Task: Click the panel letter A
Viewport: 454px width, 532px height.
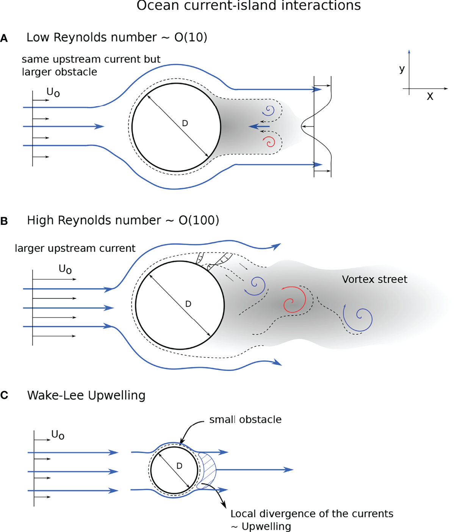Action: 4,38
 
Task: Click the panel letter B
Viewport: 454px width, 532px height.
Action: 4,221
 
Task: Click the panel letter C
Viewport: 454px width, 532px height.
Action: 4,395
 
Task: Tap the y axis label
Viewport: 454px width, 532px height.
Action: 402,69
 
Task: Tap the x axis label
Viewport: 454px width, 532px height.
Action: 430,96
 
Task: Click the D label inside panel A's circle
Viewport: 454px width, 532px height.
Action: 185,123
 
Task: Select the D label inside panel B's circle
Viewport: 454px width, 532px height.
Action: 188,304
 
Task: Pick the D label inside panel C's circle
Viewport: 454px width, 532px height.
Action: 179,466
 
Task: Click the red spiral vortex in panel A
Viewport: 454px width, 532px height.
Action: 269,141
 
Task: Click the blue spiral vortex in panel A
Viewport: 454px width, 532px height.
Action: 269,111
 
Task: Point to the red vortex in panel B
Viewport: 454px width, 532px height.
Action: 294,300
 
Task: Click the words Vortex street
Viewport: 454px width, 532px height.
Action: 374,279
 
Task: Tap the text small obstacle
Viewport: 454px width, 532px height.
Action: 245,419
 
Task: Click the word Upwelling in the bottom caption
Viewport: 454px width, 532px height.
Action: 266,526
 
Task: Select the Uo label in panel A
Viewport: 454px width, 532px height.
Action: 53,92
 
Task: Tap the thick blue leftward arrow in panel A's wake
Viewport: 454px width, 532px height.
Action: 259,126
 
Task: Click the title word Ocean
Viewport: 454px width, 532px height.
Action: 157,6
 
